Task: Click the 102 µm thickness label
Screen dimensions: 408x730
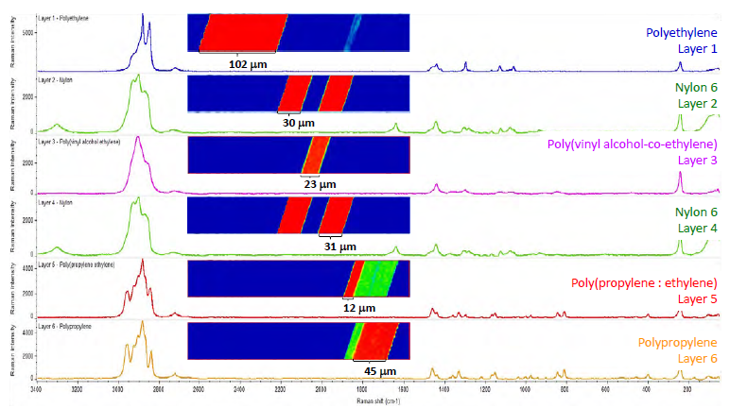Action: point(247,65)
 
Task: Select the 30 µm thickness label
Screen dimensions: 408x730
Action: point(296,124)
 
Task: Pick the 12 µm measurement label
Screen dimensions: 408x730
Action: point(359,308)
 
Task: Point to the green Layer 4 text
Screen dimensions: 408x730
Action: point(698,228)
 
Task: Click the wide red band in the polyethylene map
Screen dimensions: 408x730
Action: point(242,33)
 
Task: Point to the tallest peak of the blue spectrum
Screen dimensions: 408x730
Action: point(142,16)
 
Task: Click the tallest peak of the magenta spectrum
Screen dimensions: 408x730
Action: point(139,138)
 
